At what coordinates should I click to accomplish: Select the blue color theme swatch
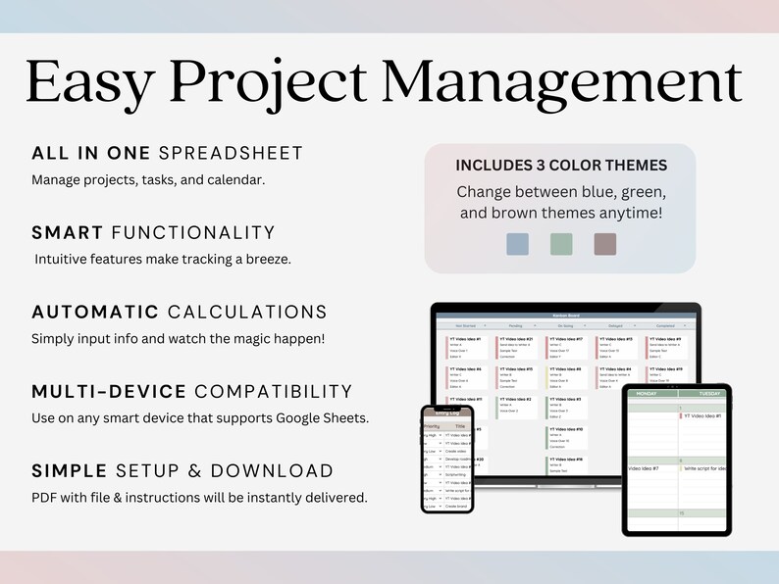pyautogui.click(x=517, y=245)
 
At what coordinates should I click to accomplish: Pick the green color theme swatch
pyautogui.click(x=561, y=245)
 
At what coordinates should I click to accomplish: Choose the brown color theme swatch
pyautogui.click(x=605, y=245)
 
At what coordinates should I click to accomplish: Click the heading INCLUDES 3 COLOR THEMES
pyautogui.click(x=560, y=166)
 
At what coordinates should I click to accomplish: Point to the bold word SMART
pyautogui.click(x=68, y=232)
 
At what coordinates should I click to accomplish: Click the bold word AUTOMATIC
pyautogui.click(x=95, y=312)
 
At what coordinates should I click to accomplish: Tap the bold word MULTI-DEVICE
pyautogui.click(x=109, y=391)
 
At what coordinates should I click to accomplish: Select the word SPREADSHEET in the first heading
pyautogui.click(x=231, y=153)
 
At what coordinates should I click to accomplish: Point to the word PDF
pyautogui.click(x=44, y=498)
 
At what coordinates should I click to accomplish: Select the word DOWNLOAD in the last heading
pyautogui.click(x=280, y=470)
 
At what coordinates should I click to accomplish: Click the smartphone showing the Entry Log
pyautogui.click(x=446, y=459)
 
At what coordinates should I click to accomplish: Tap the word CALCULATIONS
pyautogui.click(x=247, y=312)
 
